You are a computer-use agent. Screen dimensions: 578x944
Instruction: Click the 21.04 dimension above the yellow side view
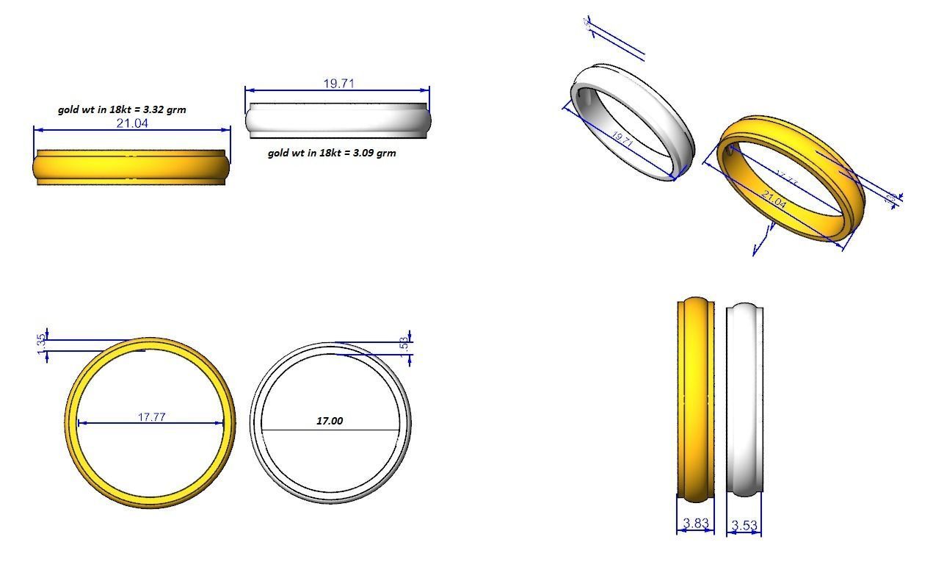click(x=132, y=123)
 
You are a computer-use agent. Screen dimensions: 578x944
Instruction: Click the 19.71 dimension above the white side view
click(x=338, y=84)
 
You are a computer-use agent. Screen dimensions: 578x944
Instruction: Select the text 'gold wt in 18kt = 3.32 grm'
click(x=122, y=109)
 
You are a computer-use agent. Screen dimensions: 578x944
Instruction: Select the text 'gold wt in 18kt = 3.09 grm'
click(x=332, y=153)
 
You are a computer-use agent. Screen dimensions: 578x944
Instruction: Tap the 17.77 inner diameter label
click(x=151, y=417)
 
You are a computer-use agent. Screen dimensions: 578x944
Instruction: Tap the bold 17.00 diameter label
click(x=329, y=421)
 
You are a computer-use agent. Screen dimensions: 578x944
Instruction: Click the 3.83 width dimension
click(x=695, y=524)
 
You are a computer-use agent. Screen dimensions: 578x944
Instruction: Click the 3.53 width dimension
click(x=744, y=526)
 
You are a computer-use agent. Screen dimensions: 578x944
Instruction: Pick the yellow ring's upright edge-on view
click(x=695, y=400)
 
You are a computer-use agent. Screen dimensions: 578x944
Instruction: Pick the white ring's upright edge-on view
click(x=744, y=400)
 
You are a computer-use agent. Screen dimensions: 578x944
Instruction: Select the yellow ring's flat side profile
click(x=131, y=167)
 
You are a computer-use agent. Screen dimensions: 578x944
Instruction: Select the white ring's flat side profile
click(x=338, y=120)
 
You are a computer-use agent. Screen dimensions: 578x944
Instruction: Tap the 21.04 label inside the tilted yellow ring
click(x=774, y=200)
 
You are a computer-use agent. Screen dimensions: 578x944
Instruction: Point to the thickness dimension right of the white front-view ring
click(x=404, y=344)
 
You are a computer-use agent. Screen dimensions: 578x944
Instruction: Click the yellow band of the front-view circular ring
click(x=71, y=423)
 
